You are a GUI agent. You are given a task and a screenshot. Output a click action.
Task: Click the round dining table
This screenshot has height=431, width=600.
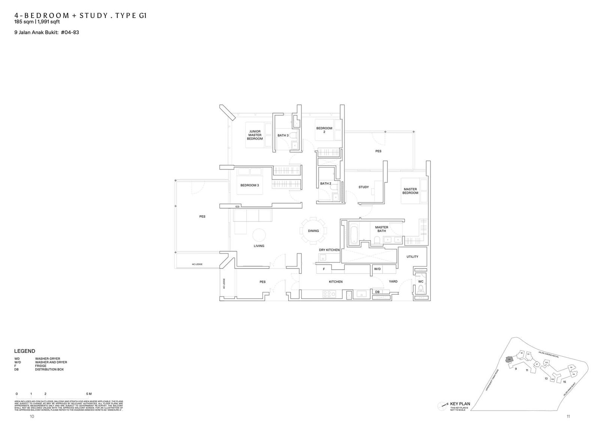point(313,231)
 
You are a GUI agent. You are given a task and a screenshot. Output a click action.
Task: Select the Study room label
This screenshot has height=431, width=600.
point(363,187)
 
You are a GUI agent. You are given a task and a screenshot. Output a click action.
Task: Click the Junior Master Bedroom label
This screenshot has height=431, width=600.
point(255,135)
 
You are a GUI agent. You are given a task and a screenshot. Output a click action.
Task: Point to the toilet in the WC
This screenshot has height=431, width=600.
point(420,289)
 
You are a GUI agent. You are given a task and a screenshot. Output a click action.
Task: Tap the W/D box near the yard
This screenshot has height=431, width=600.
point(377,269)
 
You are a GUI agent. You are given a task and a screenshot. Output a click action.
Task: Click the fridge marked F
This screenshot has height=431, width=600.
point(324,269)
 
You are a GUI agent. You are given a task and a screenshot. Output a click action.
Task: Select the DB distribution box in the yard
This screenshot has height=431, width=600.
point(377,292)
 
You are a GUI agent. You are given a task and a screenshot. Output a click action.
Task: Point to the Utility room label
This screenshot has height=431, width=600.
point(412,257)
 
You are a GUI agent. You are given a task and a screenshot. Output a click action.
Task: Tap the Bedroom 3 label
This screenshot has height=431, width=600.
point(249,185)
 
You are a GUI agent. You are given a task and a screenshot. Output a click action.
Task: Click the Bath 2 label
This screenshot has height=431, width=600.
point(325,184)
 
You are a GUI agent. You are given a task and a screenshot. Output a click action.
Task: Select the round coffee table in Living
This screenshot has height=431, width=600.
point(259,235)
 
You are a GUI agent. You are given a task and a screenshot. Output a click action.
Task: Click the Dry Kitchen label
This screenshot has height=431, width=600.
point(329,250)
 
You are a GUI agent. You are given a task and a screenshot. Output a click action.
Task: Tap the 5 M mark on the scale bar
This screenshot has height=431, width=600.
point(89,394)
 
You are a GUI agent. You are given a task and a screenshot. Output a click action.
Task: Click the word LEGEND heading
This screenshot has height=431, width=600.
point(25,351)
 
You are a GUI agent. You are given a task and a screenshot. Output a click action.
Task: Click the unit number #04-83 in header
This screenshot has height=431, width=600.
point(70,32)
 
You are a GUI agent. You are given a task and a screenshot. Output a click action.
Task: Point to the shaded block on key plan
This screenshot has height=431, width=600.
point(509,359)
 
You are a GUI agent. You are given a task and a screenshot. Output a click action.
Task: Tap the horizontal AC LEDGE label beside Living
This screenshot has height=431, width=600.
point(197,264)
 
